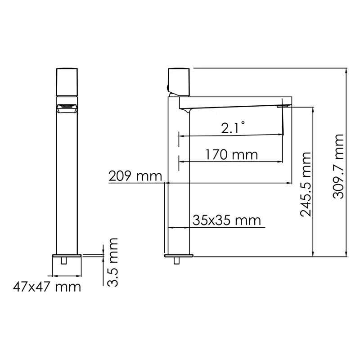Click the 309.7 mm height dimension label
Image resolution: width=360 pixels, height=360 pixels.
pos(338,166)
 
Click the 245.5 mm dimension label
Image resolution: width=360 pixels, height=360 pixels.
pos(306,184)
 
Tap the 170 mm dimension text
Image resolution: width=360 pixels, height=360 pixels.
pos(231,155)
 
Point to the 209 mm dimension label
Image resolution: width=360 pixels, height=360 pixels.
pos(135,176)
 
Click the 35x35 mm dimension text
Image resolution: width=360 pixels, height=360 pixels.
pos(227,220)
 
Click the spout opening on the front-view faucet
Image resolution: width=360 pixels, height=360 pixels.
pos(67,108)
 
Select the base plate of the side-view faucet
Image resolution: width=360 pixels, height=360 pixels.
pos(180,256)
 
